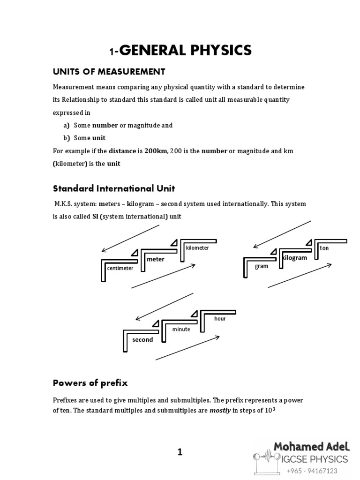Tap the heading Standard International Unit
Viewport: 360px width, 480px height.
113,188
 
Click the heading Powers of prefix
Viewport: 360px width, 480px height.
90,383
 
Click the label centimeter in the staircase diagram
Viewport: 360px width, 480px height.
120,269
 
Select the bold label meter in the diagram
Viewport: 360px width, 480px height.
156,259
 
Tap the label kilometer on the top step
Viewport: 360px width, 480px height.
197,248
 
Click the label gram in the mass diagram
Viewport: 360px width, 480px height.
261,266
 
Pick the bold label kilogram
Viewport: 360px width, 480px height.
294,258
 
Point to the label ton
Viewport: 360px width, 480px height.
325,247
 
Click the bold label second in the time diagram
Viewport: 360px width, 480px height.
142,339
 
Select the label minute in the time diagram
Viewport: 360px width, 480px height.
181,329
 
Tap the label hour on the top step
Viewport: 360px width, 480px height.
220,318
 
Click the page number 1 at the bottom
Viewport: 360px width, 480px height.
180,452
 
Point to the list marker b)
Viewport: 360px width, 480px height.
66,138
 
